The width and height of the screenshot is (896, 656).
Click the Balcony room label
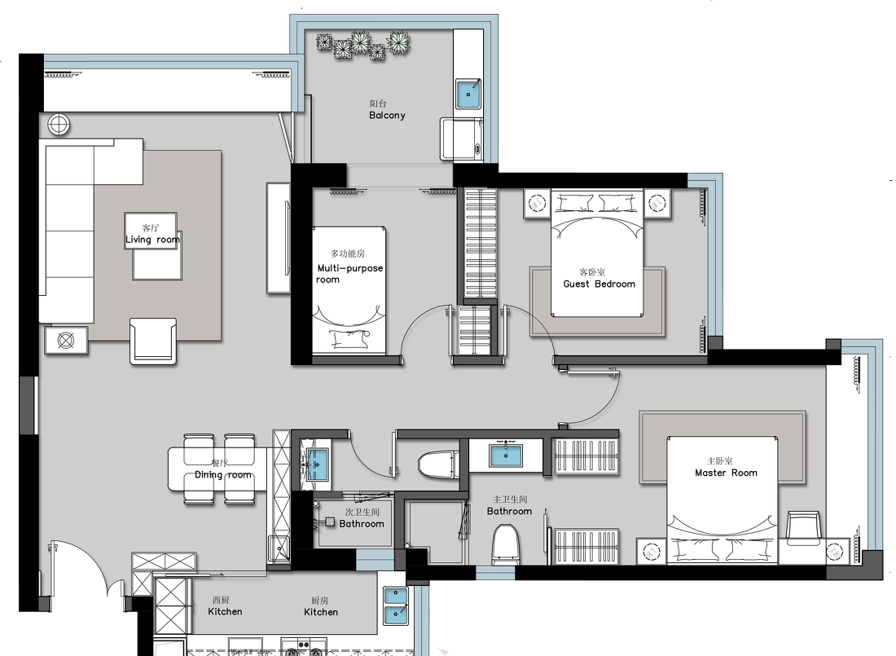[x=387, y=115]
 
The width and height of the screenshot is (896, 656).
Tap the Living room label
[x=152, y=240]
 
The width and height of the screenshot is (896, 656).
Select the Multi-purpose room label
[x=349, y=273]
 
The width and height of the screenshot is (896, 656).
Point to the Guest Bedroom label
[x=599, y=284]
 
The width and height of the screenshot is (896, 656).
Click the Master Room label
[x=726, y=473]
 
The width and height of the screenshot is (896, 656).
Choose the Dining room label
[x=223, y=475]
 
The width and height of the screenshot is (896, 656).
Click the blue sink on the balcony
[x=468, y=94]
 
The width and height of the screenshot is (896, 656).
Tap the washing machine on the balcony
[x=461, y=139]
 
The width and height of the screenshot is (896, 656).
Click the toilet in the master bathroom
[x=505, y=544]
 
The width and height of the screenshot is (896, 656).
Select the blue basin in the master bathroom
[x=506, y=456]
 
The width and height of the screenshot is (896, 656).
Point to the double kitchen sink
[x=395, y=606]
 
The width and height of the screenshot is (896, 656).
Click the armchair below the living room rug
[x=152, y=341]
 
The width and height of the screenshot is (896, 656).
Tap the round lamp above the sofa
[x=59, y=124]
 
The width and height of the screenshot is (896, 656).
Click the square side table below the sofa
[x=66, y=341]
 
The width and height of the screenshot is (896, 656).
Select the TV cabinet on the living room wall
[x=279, y=238]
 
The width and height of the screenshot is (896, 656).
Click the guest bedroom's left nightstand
[x=537, y=204]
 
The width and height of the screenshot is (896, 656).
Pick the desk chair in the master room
[x=803, y=526]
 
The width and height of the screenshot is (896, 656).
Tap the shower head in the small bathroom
[x=329, y=522]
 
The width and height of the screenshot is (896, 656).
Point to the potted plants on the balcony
[x=364, y=45]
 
